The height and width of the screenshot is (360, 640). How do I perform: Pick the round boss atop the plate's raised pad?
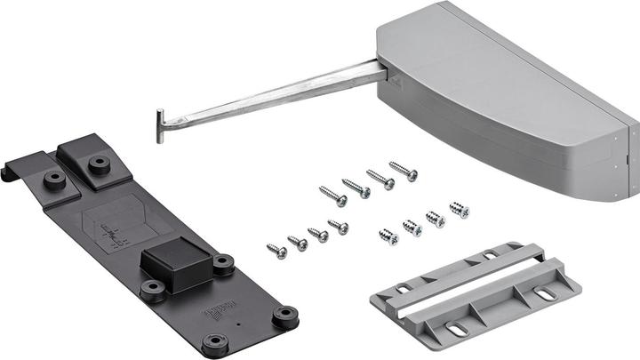[x=99, y=164]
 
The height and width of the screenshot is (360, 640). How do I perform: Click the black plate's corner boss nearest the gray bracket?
[x=285, y=315]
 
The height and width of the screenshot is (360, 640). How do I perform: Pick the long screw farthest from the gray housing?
[x=332, y=195]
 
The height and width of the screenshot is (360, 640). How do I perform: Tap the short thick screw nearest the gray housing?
[x=459, y=210]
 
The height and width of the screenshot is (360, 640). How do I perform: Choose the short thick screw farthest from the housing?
[x=388, y=236]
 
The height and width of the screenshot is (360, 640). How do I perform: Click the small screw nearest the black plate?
[x=276, y=252]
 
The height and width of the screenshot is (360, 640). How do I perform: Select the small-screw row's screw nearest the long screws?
[x=338, y=227]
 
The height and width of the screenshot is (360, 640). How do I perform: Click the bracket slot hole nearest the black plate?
[x=403, y=289]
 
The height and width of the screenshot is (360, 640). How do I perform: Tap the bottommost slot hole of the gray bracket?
[x=457, y=330]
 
